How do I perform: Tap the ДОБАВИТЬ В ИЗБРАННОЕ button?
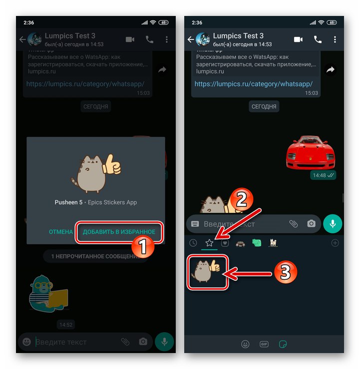point(119,232)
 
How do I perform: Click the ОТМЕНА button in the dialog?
point(60,232)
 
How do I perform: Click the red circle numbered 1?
point(143,248)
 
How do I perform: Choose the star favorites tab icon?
point(209,243)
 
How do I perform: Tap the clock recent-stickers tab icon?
point(193,243)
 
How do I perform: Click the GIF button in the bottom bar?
point(264,344)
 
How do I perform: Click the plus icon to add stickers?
point(335,243)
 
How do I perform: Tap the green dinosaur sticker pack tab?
point(257,243)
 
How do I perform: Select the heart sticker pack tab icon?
point(225,243)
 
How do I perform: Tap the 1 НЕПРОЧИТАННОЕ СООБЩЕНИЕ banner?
point(95,256)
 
